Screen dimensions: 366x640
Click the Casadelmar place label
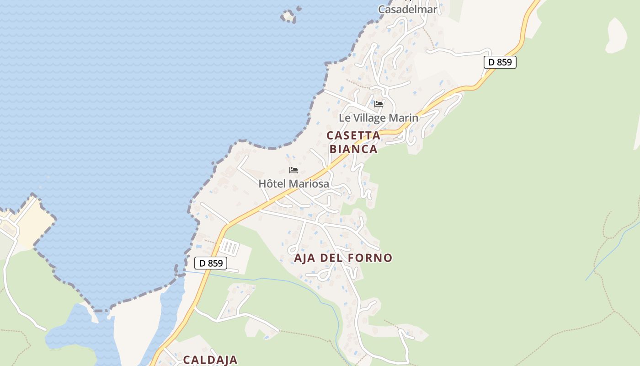coord(408,9)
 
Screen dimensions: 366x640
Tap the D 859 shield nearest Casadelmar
coord(500,62)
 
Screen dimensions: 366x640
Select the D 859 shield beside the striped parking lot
coord(211,263)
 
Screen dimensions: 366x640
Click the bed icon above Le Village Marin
coord(379,104)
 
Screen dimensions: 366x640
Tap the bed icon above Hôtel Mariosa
coord(293,170)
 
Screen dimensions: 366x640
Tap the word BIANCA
coord(354,149)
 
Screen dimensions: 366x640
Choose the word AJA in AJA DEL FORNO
coord(305,258)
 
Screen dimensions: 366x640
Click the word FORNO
coord(370,258)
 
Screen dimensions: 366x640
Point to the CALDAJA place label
coord(210,360)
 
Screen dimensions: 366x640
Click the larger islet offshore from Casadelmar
coord(288,16)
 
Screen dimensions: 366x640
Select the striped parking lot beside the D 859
coord(229,248)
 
